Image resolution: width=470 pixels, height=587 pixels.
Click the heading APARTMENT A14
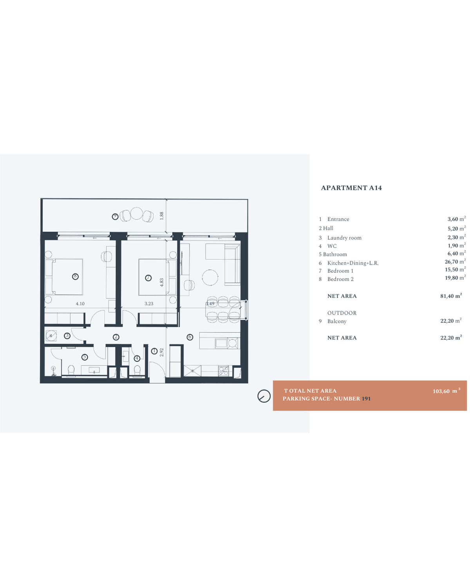[x=351, y=188]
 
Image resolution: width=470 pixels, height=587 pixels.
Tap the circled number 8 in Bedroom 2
[x=75, y=277]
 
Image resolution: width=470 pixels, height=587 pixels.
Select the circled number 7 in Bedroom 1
[x=148, y=278]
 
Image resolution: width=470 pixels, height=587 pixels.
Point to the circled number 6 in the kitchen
[x=190, y=337]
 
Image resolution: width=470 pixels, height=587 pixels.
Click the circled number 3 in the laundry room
[x=67, y=336]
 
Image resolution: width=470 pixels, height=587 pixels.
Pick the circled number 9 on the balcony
[x=115, y=216]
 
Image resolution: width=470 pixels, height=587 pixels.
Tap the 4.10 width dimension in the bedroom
[x=80, y=304]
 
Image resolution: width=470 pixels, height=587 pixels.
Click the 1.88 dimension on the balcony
[x=162, y=216]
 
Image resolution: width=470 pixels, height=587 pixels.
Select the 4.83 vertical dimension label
[x=162, y=282]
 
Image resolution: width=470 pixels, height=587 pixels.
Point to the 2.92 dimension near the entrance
[x=162, y=352]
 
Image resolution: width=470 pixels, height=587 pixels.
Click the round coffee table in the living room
[x=210, y=277]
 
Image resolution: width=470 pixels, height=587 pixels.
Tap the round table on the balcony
[x=136, y=213]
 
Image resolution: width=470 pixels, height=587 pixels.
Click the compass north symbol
[x=264, y=396]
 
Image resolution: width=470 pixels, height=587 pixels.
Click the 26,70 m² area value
[x=455, y=261]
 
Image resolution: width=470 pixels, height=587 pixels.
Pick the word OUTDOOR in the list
[x=342, y=313]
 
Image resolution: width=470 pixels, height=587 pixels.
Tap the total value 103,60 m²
[x=446, y=391]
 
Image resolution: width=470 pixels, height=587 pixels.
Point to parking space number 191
[x=366, y=398]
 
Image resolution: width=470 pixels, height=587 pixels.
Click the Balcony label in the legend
[x=337, y=321]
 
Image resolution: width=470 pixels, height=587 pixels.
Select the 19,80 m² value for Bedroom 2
[x=455, y=278]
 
